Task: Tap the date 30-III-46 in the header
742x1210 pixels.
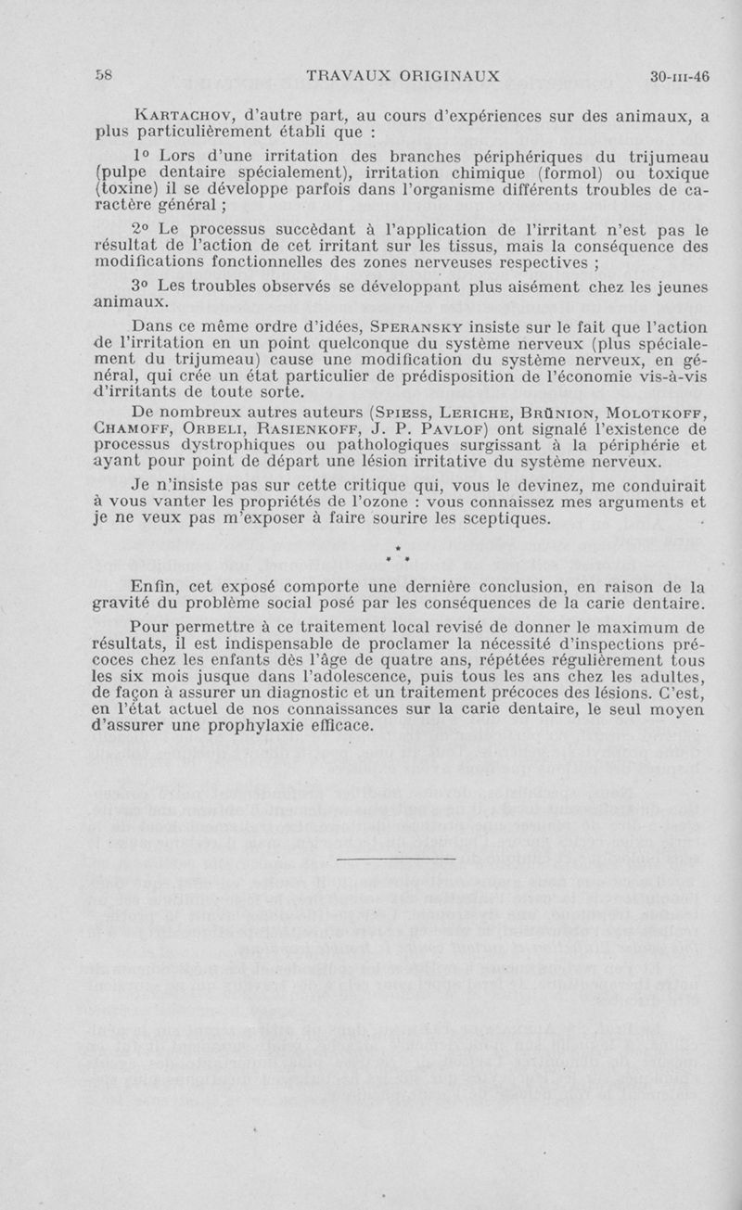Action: click(x=679, y=77)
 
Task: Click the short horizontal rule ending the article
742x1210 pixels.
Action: click(x=396, y=860)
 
